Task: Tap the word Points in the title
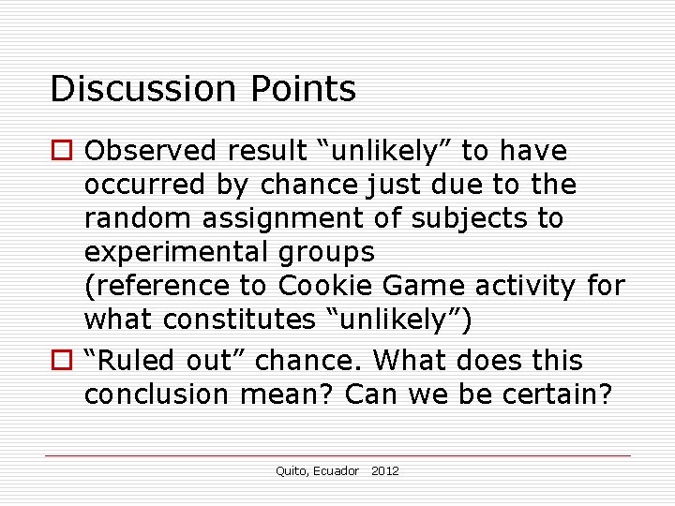[x=303, y=89]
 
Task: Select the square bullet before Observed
[x=63, y=151]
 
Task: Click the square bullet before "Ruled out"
[x=63, y=361]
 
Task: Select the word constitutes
[x=239, y=320]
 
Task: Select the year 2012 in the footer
[x=385, y=471]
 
